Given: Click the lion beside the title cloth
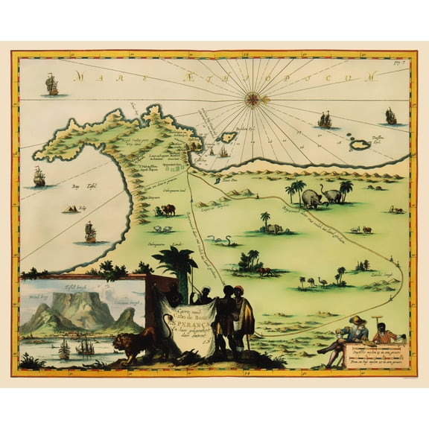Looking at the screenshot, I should tap(135, 345).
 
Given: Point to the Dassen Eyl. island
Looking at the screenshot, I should tap(360, 144).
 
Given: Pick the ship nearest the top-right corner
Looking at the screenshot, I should tap(390, 116).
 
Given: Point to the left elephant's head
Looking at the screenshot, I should tap(307, 198).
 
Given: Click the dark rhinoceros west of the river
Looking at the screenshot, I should tap(168, 209).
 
